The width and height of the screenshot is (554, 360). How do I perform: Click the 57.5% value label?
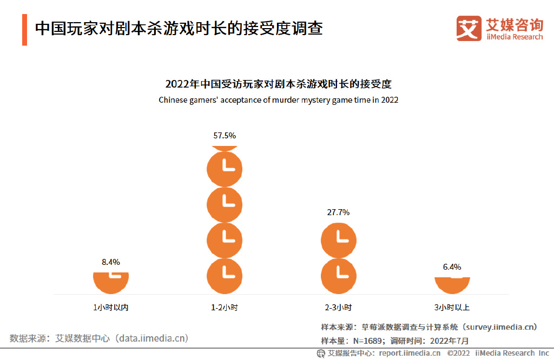[224, 136]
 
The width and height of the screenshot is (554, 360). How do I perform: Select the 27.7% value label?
[338, 212]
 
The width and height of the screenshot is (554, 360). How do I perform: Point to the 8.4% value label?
[110, 262]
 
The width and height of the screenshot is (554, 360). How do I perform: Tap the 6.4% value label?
[452, 266]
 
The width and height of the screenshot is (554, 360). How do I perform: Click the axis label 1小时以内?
[110, 307]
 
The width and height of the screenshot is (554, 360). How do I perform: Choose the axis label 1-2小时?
[224, 307]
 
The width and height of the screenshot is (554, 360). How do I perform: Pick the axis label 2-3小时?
[338, 307]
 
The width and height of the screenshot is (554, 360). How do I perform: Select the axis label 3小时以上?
[452, 307]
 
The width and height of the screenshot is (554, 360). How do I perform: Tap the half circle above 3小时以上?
[452, 283]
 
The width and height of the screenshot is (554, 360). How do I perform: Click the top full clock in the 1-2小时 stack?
[224, 169]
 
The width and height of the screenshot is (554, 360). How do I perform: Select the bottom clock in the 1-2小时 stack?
[224, 276]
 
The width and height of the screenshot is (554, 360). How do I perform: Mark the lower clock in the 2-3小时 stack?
[338, 276]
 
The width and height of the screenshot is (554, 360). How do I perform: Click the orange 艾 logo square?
[469, 28]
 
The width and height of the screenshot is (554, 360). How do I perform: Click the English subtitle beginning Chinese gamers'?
[278, 100]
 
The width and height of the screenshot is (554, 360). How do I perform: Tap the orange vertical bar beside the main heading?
[25, 29]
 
